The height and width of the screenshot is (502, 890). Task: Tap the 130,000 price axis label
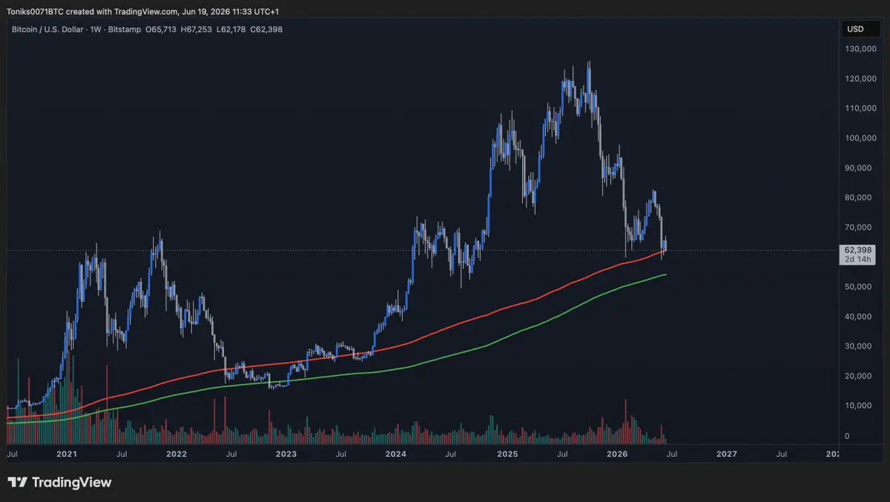coord(860,49)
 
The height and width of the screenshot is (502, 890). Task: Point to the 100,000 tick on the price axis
coord(860,138)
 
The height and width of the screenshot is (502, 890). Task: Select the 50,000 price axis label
coord(858,287)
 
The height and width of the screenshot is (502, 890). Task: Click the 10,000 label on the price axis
coord(858,406)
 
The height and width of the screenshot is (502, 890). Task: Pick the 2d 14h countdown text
coord(858,260)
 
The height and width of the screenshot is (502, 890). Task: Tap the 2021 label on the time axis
coord(66,454)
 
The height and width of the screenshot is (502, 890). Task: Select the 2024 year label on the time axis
coord(395,454)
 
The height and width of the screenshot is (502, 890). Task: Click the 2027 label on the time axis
coord(726,454)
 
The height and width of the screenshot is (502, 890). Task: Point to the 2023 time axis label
coord(286,454)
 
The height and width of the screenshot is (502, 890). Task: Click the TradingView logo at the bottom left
coord(59,483)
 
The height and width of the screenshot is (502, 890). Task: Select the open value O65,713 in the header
coord(160,30)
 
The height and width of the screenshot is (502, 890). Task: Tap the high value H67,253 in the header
coord(197,30)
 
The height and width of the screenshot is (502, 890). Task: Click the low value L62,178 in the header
coord(231,30)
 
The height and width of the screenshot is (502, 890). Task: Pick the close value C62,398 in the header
coord(266,30)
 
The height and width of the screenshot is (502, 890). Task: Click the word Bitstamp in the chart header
coord(125,30)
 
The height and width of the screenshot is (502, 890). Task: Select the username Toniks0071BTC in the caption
coord(35,12)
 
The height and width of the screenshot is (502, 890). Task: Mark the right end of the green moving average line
coord(666,274)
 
